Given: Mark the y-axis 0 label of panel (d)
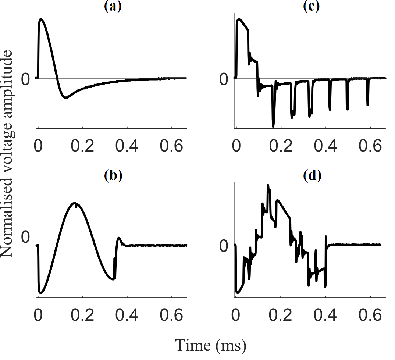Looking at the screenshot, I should pyautogui.click(x=224, y=246).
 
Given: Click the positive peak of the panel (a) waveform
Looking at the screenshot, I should pyautogui.click(x=41, y=19).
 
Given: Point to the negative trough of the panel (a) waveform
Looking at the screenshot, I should pyautogui.click(x=65, y=97).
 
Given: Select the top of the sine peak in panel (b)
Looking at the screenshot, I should pyautogui.click(x=75, y=203).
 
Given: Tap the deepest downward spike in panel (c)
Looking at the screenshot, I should pyautogui.click(x=273, y=126).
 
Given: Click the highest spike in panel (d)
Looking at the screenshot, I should pyautogui.click(x=268, y=185).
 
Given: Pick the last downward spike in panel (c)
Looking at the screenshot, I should pyautogui.click(x=367, y=105).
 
